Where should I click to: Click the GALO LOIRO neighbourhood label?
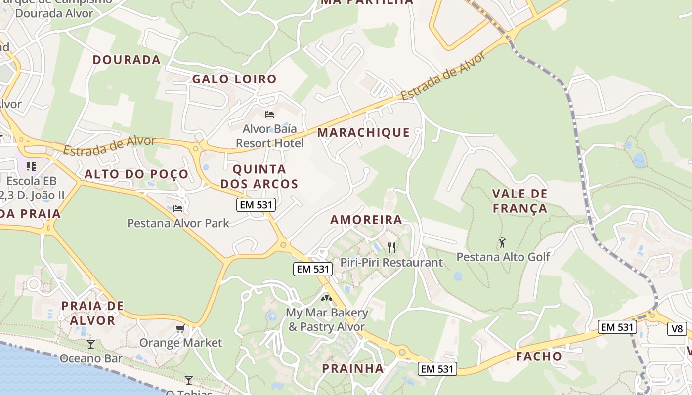(x=234, y=79)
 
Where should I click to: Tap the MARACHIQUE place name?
(x=364, y=132)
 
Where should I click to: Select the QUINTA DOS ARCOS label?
(x=259, y=176)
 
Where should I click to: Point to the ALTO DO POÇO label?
(x=136, y=174)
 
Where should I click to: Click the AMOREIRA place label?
(x=366, y=220)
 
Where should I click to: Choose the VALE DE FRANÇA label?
(x=520, y=200)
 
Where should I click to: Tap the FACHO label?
(x=539, y=356)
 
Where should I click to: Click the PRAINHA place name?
(x=353, y=368)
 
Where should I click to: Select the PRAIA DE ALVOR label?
(x=92, y=313)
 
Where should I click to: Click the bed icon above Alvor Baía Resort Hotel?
(x=269, y=115)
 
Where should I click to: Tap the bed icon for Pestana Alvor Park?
(x=178, y=208)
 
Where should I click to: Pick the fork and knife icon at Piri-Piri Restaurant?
(x=391, y=247)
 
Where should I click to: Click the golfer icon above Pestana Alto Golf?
(x=503, y=242)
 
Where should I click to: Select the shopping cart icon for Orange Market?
(x=180, y=328)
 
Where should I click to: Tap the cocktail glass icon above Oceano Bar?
(x=91, y=344)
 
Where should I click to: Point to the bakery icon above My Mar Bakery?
(x=326, y=298)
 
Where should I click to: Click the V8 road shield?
(x=677, y=328)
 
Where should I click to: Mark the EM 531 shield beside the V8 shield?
(x=617, y=327)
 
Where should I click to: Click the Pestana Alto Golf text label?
(x=503, y=257)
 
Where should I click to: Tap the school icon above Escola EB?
(x=31, y=166)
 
